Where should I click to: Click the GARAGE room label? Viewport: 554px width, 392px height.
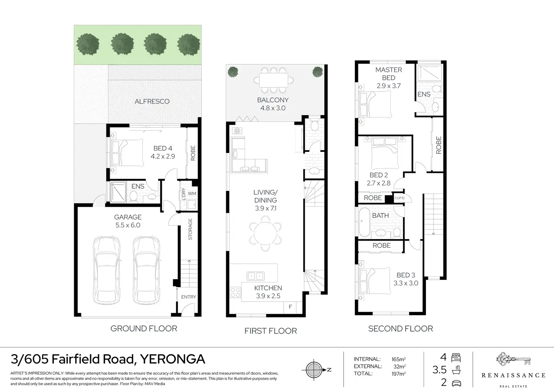(128, 217)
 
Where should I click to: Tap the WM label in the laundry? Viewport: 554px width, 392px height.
(192, 193)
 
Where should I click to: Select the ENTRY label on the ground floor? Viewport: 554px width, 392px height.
(189, 297)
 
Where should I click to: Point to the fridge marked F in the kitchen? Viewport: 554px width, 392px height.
(290, 307)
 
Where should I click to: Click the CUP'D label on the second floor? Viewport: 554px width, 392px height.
(399, 198)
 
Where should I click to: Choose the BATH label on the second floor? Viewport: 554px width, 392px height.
(380, 215)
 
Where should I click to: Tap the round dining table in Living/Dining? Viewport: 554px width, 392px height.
(265, 233)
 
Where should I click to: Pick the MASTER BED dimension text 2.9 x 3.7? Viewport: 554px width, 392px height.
(388, 85)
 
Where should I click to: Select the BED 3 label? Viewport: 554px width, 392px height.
(406, 275)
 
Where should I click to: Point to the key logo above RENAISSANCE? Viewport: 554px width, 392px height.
(513, 359)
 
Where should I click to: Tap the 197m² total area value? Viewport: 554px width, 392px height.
(399, 374)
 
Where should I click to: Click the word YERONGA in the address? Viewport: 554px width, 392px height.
(173, 359)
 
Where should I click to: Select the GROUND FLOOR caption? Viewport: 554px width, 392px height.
(144, 328)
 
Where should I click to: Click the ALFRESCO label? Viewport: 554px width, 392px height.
(152, 101)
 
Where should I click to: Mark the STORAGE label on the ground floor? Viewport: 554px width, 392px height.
(190, 229)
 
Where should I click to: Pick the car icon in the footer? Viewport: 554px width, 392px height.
(456, 383)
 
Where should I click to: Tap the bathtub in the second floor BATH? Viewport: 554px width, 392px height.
(364, 222)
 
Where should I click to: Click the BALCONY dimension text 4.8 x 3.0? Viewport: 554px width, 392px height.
(273, 108)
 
